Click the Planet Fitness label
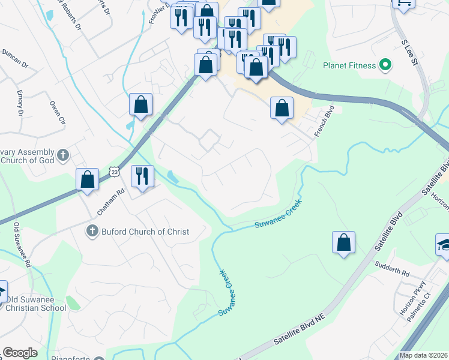tap(349, 65)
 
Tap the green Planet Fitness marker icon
tap(386, 65)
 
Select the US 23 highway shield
tap(114, 172)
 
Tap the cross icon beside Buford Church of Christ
tap(92, 231)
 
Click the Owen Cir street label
tap(58, 112)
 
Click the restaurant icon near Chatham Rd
tap(142, 176)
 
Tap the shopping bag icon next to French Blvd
tap(282, 108)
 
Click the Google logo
tap(20, 353)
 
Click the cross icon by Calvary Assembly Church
tap(63, 157)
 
